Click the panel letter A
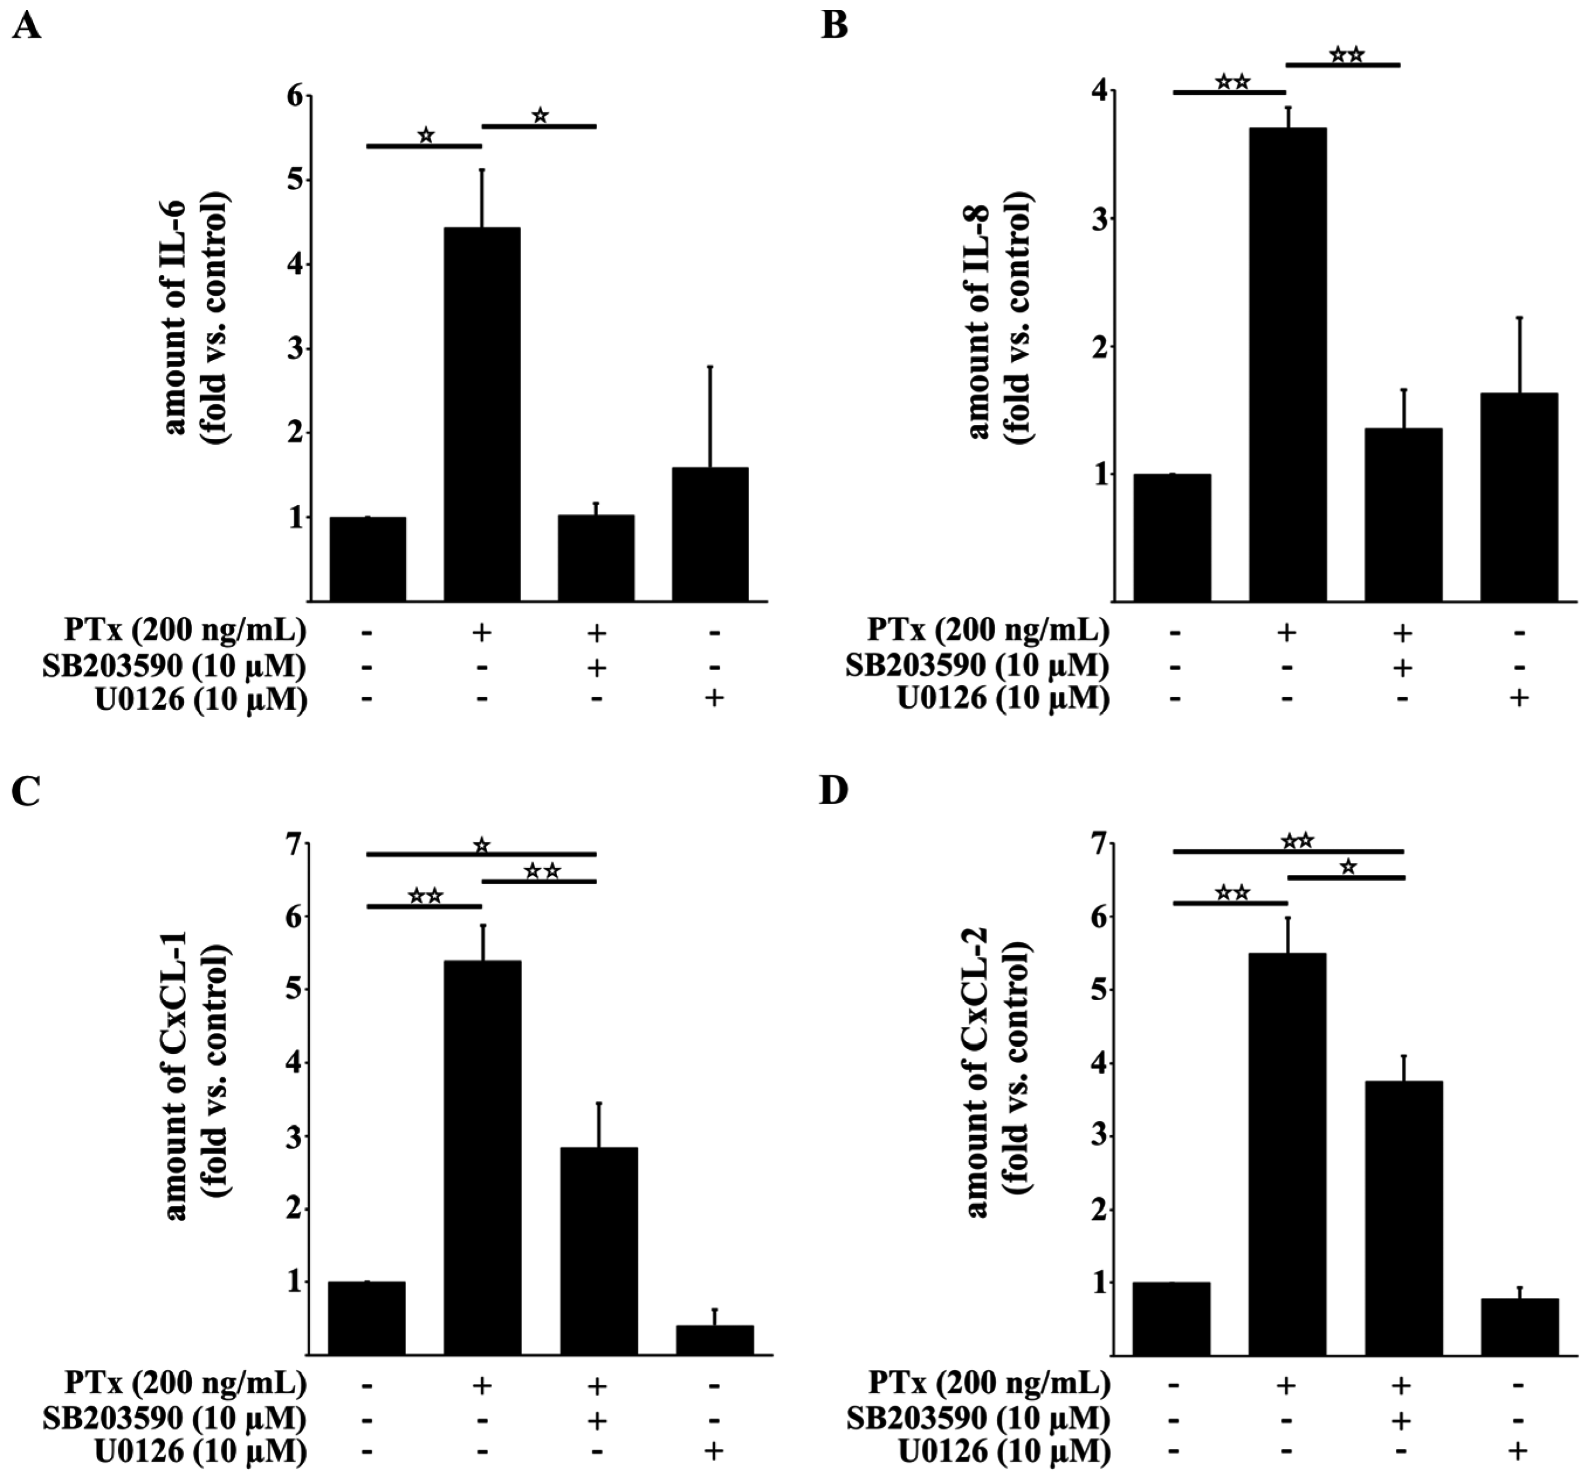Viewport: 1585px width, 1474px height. pyautogui.click(x=26, y=27)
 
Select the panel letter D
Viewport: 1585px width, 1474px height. pyautogui.click(x=834, y=792)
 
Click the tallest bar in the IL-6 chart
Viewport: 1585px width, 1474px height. pyautogui.click(x=482, y=414)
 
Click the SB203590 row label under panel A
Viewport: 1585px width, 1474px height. pyautogui.click(x=174, y=666)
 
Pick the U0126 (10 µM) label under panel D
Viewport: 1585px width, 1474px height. pyautogui.click(x=1004, y=1452)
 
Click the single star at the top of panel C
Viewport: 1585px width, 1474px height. pyautogui.click(x=481, y=845)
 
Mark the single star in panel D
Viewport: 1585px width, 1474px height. pyautogui.click(x=1347, y=867)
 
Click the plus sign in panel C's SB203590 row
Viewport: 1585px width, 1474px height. pyautogui.click(x=596, y=1418)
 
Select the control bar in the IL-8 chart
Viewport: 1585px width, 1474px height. pyautogui.click(x=1171, y=538)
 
